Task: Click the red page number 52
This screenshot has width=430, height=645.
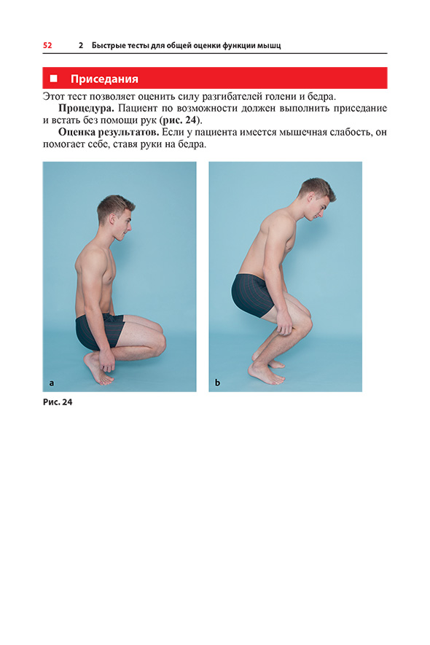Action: click(47, 45)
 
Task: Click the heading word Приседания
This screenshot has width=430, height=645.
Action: click(104, 79)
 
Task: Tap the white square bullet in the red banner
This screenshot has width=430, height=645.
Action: click(53, 78)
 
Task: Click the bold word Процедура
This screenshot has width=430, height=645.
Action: click(86, 108)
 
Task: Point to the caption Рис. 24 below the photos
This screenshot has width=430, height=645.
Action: click(58, 402)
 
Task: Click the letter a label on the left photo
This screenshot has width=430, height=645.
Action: click(52, 383)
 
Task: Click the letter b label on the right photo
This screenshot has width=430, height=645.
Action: click(217, 383)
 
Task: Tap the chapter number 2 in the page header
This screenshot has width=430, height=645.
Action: click(81, 45)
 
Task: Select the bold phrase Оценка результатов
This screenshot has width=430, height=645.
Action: click(109, 133)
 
